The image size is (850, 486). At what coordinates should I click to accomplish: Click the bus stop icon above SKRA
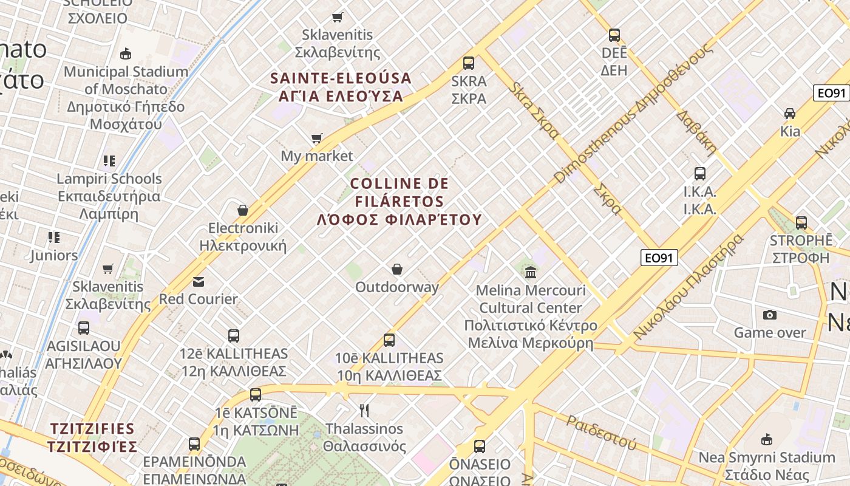(468, 63)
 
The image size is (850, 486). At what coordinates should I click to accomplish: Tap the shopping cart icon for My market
(316, 139)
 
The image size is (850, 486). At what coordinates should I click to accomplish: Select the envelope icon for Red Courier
(199, 281)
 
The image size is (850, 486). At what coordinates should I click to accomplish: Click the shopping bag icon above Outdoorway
(397, 269)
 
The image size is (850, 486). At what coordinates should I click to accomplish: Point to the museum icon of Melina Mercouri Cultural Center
(531, 272)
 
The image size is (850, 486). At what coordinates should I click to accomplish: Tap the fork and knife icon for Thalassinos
(364, 411)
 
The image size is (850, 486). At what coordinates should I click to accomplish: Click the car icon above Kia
(790, 113)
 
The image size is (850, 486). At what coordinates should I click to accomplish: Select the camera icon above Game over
(770, 315)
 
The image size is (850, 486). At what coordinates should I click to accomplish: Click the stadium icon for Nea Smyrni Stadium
(767, 439)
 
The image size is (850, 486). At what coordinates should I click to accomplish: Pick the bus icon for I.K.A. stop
(700, 174)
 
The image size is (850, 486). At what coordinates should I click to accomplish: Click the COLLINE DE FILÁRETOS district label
(399, 201)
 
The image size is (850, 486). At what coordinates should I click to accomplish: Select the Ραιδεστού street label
(601, 432)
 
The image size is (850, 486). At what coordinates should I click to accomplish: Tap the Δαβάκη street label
(696, 131)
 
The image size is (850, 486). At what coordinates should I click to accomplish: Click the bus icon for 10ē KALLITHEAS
(389, 340)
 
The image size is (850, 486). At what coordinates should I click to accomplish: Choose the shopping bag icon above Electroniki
(243, 210)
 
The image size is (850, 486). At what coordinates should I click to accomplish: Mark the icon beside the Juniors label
(54, 238)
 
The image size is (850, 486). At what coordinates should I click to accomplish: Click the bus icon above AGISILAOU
(84, 328)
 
